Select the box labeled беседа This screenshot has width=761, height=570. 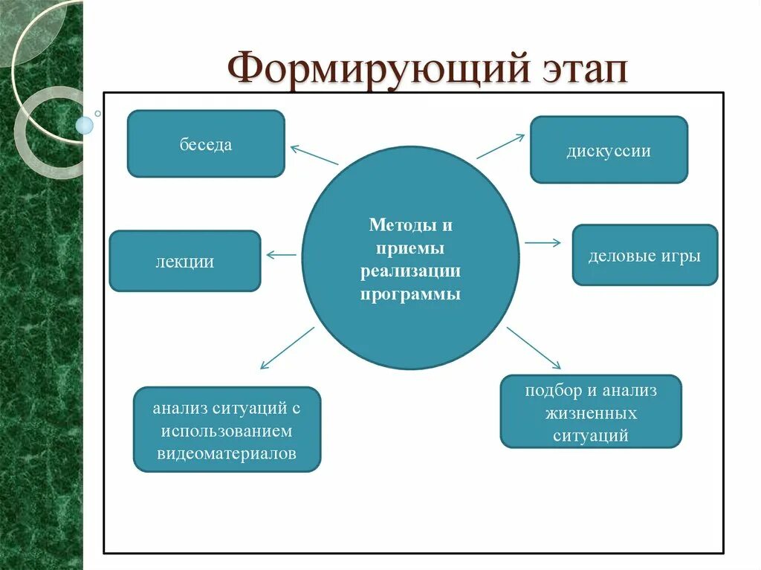coord(206,144)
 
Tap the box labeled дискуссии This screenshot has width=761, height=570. coord(609,150)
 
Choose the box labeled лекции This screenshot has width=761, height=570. coord(185,261)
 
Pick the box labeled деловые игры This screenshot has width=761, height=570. coord(644,256)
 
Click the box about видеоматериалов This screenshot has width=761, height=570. coord(227,430)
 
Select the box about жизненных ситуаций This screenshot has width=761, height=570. coord(591,412)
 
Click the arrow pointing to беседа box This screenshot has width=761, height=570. coord(314,155)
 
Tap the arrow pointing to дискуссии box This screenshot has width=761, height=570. coord(500,146)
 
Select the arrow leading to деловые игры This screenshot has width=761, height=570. coord(543,242)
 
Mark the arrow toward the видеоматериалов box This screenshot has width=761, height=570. coord(287,347)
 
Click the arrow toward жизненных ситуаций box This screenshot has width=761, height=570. coord(534,348)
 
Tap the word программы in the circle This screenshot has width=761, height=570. coord(410,294)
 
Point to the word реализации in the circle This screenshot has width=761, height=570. coord(410,271)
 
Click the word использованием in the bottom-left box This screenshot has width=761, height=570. coord(227,431)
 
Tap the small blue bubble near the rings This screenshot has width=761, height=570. coord(85,125)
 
